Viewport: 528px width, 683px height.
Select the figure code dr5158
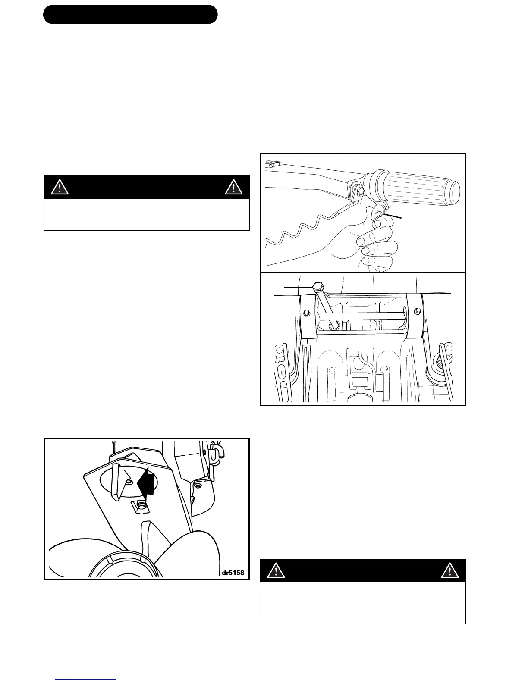pyautogui.click(x=233, y=573)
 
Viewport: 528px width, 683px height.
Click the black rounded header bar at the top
pyautogui.click(x=130, y=14)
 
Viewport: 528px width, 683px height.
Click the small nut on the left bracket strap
pyautogui.click(x=306, y=313)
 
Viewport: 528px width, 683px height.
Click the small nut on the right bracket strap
pyautogui.click(x=417, y=310)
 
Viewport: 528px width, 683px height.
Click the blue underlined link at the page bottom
pyautogui.click(x=86, y=680)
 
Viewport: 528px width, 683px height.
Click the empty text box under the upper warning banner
pyautogui.click(x=147, y=214)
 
